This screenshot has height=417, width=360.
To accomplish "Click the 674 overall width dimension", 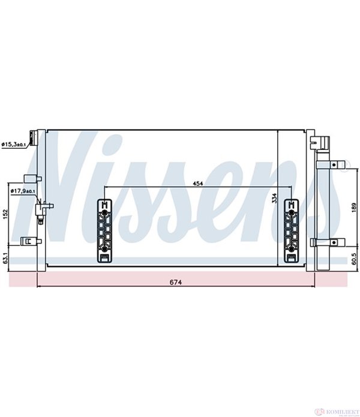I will (175, 282).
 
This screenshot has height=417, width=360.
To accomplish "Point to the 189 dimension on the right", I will (353, 206).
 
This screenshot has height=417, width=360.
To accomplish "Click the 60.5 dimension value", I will (353, 258).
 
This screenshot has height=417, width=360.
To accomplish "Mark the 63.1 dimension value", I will (5, 258).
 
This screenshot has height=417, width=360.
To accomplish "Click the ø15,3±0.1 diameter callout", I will (13, 144).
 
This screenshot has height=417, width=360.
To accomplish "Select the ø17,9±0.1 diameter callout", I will (23, 191).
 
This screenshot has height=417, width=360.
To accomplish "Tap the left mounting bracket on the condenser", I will (104, 231).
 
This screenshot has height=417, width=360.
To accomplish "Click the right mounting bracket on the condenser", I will (291, 231).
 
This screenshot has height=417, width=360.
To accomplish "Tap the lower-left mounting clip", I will (26, 241).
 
